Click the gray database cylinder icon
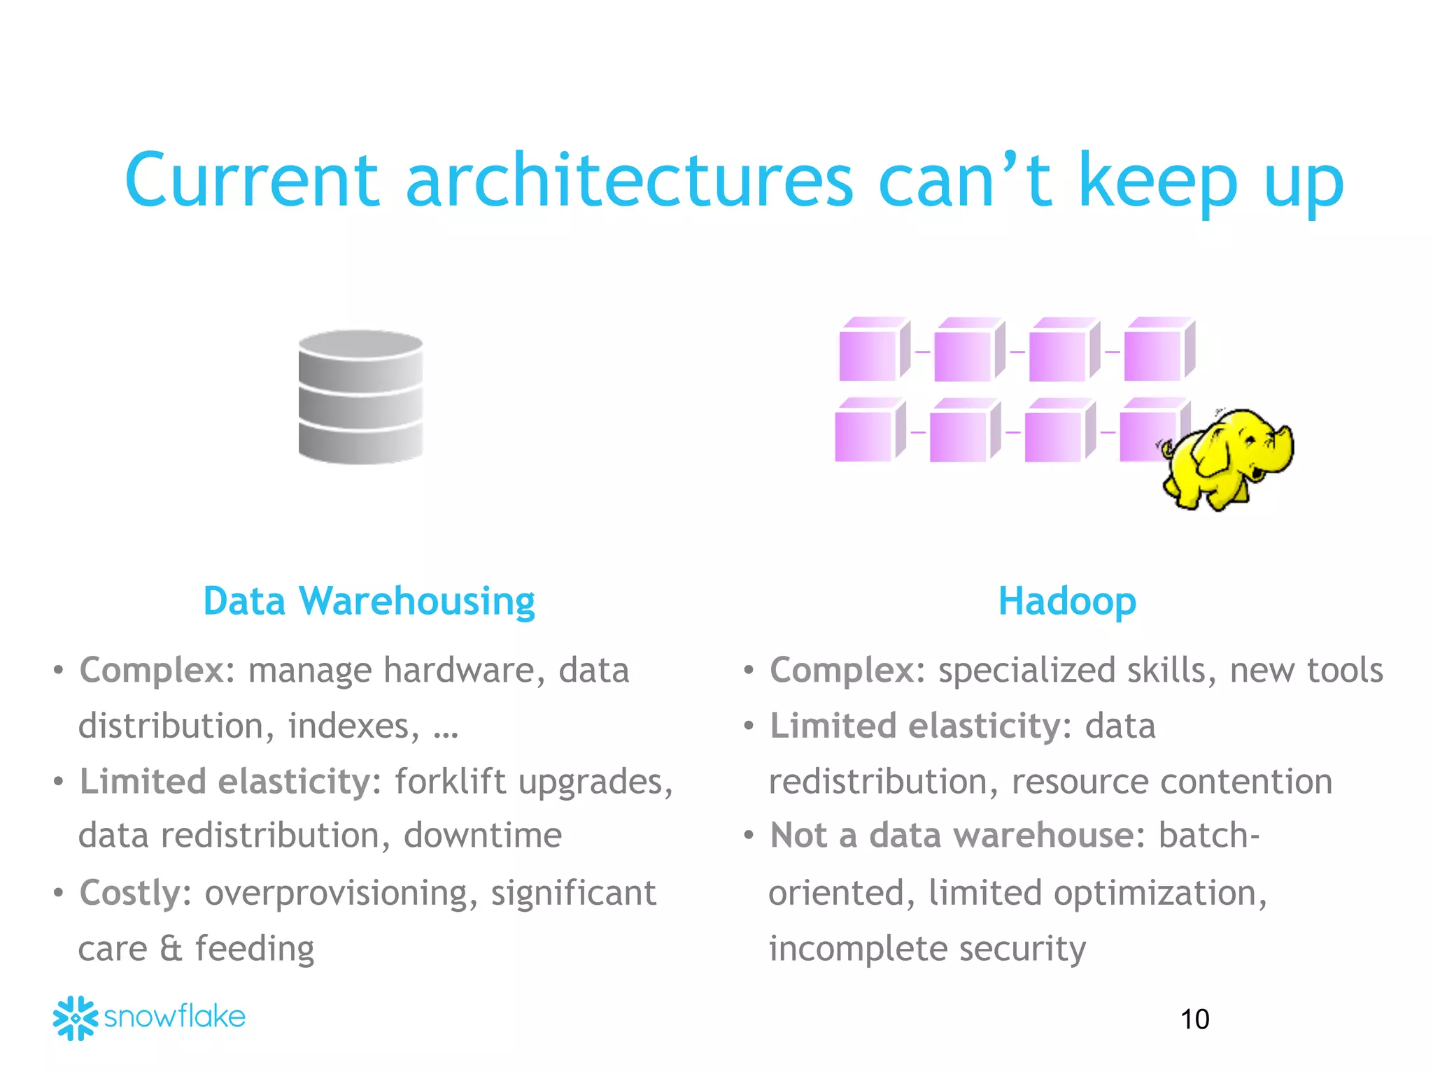pos(360,396)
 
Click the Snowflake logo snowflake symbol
pos(75,1018)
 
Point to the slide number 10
pos(1194,1019)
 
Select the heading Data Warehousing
pos(369,601)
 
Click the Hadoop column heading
pos(1066,601)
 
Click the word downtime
pos(482,836)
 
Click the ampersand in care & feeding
pos(171,949)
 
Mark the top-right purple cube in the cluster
pos(1159,350)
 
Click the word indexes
pos(353,726)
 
